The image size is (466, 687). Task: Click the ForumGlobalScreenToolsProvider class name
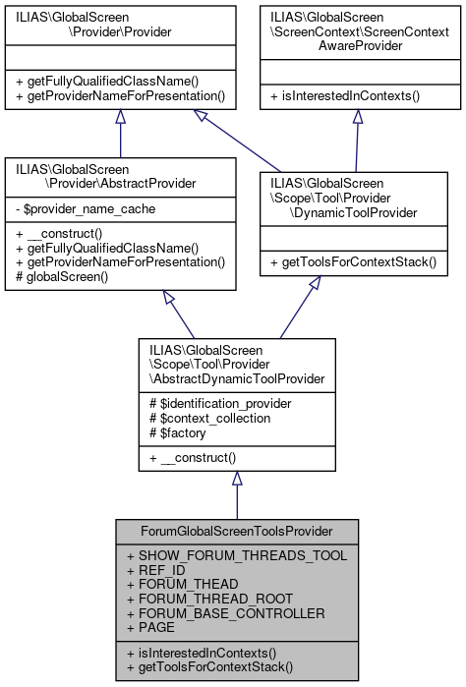point(236,532)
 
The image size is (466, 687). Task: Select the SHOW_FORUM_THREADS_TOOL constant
point(236,555)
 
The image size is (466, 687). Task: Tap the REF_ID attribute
point(157,569)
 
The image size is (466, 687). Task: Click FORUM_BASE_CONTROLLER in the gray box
point(225,612)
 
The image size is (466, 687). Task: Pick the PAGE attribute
point(153,626)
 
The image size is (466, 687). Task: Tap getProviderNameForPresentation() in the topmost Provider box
point(121,96)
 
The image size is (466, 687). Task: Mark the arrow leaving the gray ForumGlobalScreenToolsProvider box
point(236,496)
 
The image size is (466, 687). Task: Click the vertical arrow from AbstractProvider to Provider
point(120,135)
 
